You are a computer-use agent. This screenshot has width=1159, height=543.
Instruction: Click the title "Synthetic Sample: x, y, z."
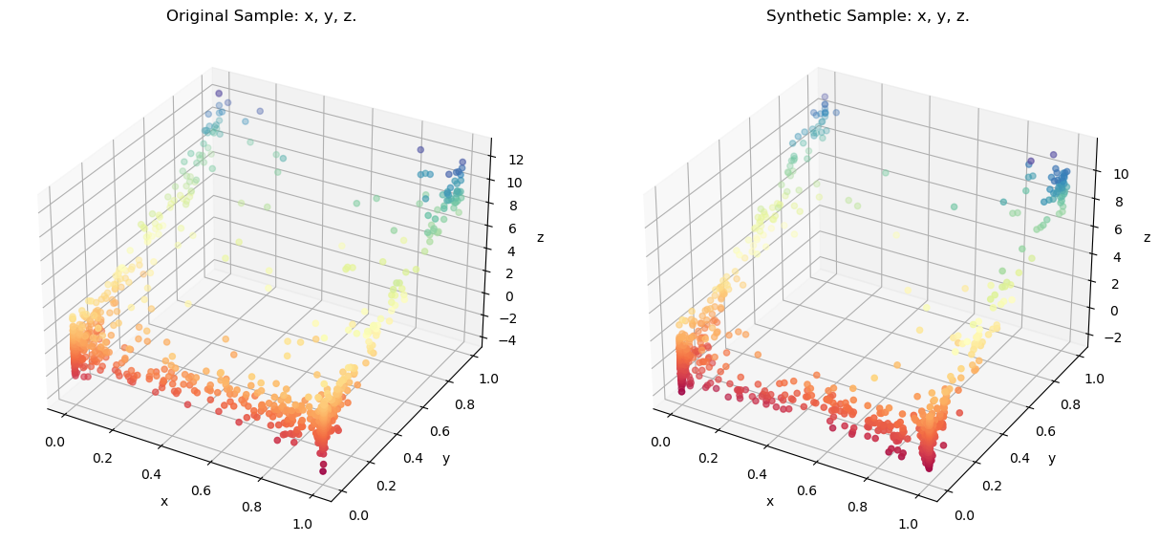(x=868, y=16)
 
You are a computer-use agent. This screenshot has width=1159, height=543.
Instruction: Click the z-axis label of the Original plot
(x=541, y=237)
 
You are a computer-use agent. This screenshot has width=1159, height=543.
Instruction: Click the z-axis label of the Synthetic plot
(x=1147, y=237)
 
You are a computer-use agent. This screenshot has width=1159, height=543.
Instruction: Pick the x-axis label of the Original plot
(x=163, y=501)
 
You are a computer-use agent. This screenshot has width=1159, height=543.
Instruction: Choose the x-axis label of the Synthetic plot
(x=769, y=501)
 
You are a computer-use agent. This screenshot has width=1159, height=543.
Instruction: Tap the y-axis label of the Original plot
(x=445, y=459)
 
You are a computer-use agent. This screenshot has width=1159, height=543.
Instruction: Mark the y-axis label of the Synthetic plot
(x=1051, y=459)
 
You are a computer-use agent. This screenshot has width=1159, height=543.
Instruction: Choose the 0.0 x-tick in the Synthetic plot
(x=660, y=443)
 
